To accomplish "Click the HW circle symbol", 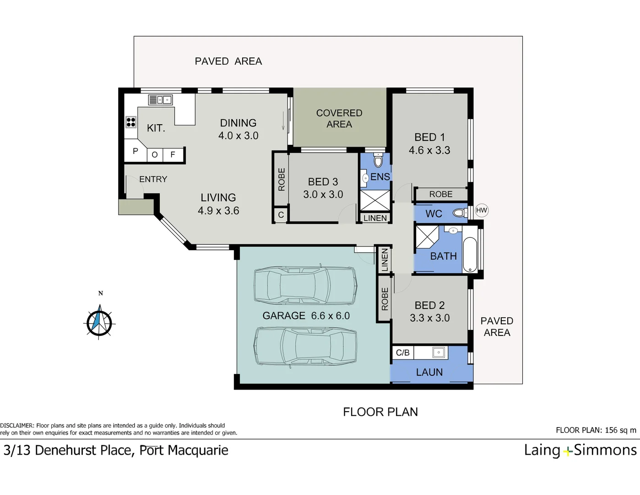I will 482,210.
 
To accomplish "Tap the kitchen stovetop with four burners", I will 131,122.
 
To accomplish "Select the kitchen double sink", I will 160,99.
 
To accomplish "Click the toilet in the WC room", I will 459,213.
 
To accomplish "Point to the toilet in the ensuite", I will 378,160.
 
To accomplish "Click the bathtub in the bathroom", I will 470,255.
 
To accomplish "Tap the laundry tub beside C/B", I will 439,352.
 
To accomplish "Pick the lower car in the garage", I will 305,346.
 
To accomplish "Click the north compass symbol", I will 99,321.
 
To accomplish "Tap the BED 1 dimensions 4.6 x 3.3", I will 429,150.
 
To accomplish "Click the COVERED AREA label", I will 339,118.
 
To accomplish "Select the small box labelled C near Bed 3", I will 281,215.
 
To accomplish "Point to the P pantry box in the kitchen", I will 136,151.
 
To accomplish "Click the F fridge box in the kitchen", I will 173,155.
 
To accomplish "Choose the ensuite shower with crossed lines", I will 374,200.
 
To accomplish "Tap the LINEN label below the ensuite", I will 375,218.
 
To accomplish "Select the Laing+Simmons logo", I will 580,450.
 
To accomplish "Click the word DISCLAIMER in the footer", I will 17,426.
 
